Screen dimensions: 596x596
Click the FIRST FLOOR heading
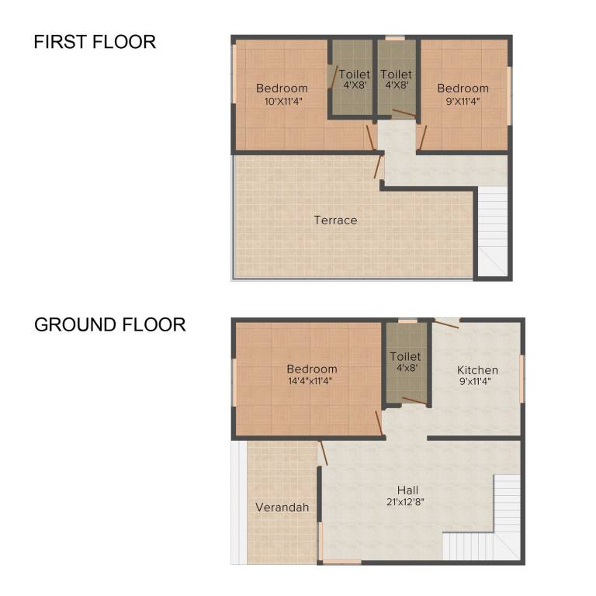[x=95, y=42]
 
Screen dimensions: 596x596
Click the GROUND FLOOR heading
[x=109, y=324]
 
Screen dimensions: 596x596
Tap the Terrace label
[x=335, y=220]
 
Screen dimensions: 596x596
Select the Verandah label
[x=282, y=508]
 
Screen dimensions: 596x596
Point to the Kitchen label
[x=477, y=370]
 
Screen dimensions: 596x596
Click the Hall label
[x=408, y=490]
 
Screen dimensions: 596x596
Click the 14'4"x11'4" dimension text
[x=312, y=381]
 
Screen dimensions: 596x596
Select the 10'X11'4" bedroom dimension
[x=282, y=100]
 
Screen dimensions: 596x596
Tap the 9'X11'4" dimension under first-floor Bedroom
[x=463, y=100]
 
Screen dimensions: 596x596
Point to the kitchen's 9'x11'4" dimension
[x=477, y=381]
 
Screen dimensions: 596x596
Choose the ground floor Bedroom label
[x=312, y=369]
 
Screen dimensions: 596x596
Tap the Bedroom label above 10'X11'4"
[x=282, y=88]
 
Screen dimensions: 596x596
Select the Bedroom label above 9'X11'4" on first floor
[x=463, y=88]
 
